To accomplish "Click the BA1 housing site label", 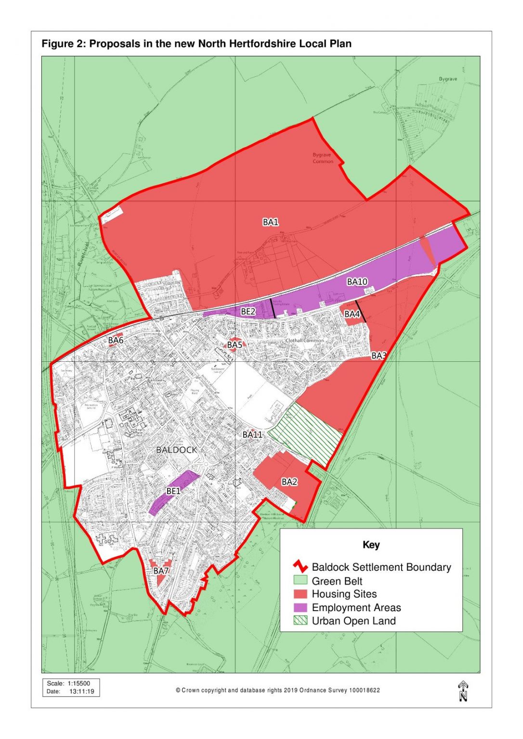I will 270,222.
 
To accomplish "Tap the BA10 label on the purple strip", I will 357,281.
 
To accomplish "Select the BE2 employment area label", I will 248,312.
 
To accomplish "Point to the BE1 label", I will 173,491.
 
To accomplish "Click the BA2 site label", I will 289,482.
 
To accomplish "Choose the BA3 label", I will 379,356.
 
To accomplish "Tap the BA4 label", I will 352,314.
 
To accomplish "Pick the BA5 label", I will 235,345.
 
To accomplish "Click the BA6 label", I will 116,340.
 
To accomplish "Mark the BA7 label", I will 161,571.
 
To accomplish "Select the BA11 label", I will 252,434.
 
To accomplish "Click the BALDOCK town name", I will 177,450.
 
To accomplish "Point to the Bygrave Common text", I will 322,158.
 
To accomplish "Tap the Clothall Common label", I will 304,341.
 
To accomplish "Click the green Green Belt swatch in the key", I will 300,581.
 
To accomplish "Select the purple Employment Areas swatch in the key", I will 300,607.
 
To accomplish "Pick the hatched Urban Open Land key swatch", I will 300,621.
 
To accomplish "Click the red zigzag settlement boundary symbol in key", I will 300,567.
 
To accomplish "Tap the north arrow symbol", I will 463,691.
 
